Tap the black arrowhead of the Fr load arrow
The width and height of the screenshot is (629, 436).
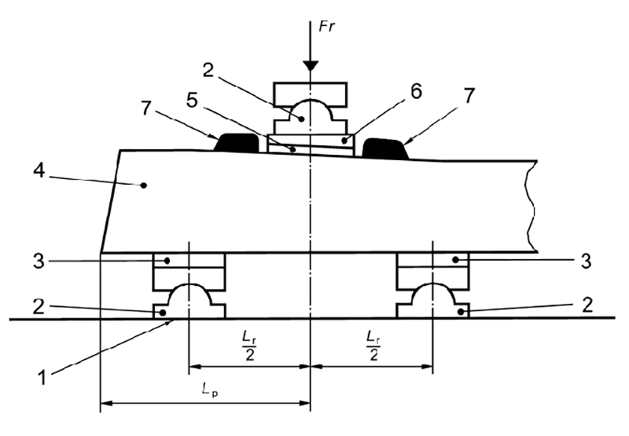(x=311, y=66)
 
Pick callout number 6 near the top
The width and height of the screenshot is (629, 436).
(x=416, y=91)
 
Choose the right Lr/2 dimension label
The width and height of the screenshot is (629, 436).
(x=374, y=346)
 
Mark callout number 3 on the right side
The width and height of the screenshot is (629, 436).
(x=586, y=261)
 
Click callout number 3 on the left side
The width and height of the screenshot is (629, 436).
(x=39, y=261)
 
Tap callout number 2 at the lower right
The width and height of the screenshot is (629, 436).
(x=587, y=305)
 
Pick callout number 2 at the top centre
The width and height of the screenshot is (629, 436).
(x=208, y=70)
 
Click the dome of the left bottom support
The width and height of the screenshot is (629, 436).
(x=189, y=295)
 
